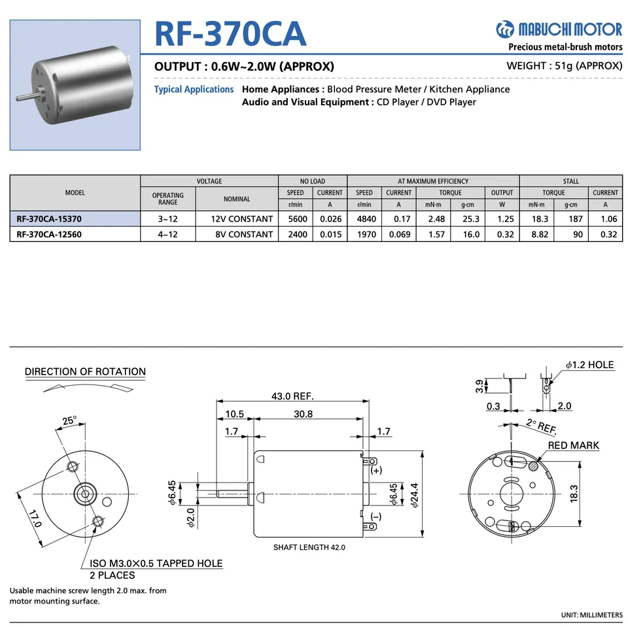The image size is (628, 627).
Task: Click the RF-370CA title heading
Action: (x=230, y=33)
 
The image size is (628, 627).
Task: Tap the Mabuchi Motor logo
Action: (x=559, y=29)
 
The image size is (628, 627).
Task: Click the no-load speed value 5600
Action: (x=296, y=220)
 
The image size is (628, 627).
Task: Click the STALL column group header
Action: (x=570, y=181)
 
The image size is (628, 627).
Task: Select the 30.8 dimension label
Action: (x=303, y=414)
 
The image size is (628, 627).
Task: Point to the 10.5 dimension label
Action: (x=234, y=414)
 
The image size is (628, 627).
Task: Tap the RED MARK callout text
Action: (x=574, y=445)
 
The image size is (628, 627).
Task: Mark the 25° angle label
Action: (x=69, y=420)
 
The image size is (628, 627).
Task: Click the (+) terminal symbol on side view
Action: (x=376, y=470)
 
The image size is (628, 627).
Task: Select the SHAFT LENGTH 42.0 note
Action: (x=309, y=547)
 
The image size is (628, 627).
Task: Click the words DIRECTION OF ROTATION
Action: (x=85, y=371)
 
